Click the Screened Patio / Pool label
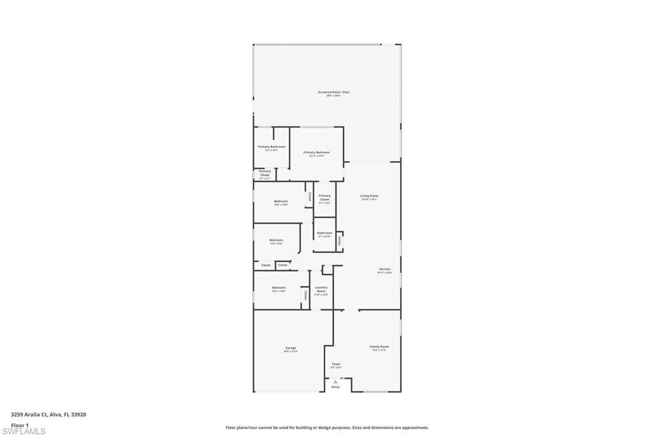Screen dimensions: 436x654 point(333,92)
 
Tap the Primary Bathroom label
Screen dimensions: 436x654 point(271,147)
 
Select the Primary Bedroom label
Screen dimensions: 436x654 point(316,152)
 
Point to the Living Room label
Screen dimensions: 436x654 point(369,196)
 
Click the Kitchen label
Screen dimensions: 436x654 point(384,270)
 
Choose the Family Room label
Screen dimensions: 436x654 point(379,347)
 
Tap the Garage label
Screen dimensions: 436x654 point(290,348)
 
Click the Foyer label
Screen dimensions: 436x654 point(336,364)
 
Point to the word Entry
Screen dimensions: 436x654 point(335,387)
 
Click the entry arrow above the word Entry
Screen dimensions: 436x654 point(335,382)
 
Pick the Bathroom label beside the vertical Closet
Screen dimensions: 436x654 point(324,233)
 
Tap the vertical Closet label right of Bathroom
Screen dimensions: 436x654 point(339,240)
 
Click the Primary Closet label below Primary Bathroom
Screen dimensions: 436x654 point(264,173)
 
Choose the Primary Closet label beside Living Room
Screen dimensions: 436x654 point(324,198)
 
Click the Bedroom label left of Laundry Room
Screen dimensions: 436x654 point(278,288)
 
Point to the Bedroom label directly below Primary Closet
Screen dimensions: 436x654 point(280,201)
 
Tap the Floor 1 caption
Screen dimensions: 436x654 point(20,425)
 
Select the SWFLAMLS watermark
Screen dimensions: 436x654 point(24,432)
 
